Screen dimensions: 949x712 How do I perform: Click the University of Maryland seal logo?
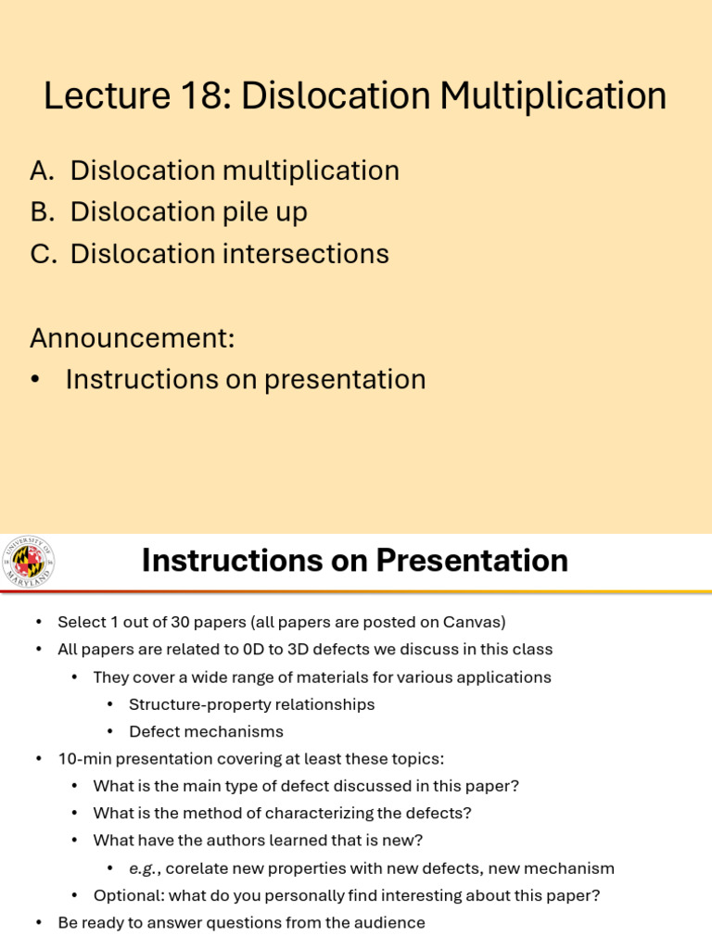point(29,562)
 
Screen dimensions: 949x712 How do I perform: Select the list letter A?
point(41,171)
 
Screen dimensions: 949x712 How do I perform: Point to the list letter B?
point(41,212)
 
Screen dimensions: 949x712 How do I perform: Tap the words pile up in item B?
point(265,212)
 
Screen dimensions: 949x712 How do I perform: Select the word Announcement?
point(132,337)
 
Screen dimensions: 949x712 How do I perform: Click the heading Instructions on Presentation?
point(354,561)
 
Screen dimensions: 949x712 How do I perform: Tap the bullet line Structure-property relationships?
point(251,704)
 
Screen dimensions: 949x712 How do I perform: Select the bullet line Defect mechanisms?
point(206,732)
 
